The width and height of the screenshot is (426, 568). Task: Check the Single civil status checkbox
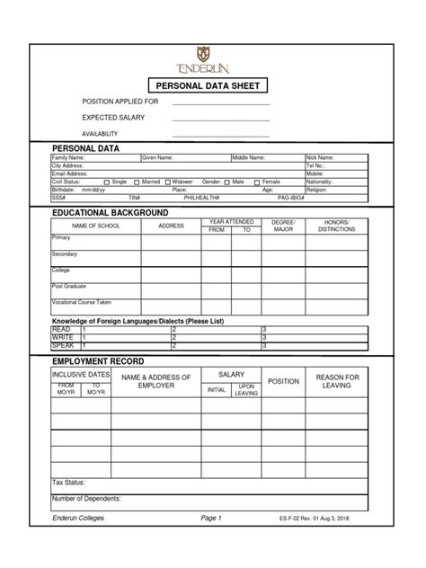(x=107, y=182)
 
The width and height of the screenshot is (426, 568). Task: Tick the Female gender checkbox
(x=257, y=182)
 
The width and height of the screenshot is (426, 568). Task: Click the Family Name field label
(x=67, y=157)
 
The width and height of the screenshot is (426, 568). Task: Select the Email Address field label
(x=69, y=173)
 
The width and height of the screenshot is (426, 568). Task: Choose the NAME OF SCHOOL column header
(x=95, y=226)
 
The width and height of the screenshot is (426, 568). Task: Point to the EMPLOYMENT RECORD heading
(x=99, y=360)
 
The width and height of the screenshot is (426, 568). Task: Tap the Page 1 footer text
(x=212, y=519)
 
